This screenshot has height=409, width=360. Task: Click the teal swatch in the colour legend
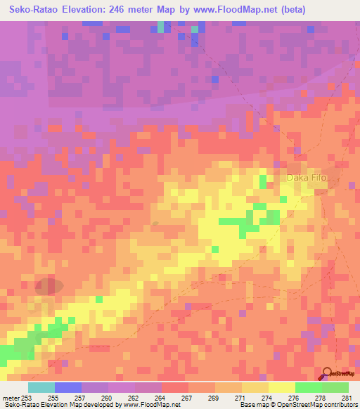tap(41, 387)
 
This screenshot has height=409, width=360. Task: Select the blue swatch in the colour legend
tap(68, 387)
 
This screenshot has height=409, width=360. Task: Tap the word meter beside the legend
tap(10, 398)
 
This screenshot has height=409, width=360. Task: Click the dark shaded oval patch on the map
tap(49, 287)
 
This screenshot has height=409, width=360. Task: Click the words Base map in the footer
tap(253, 405)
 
